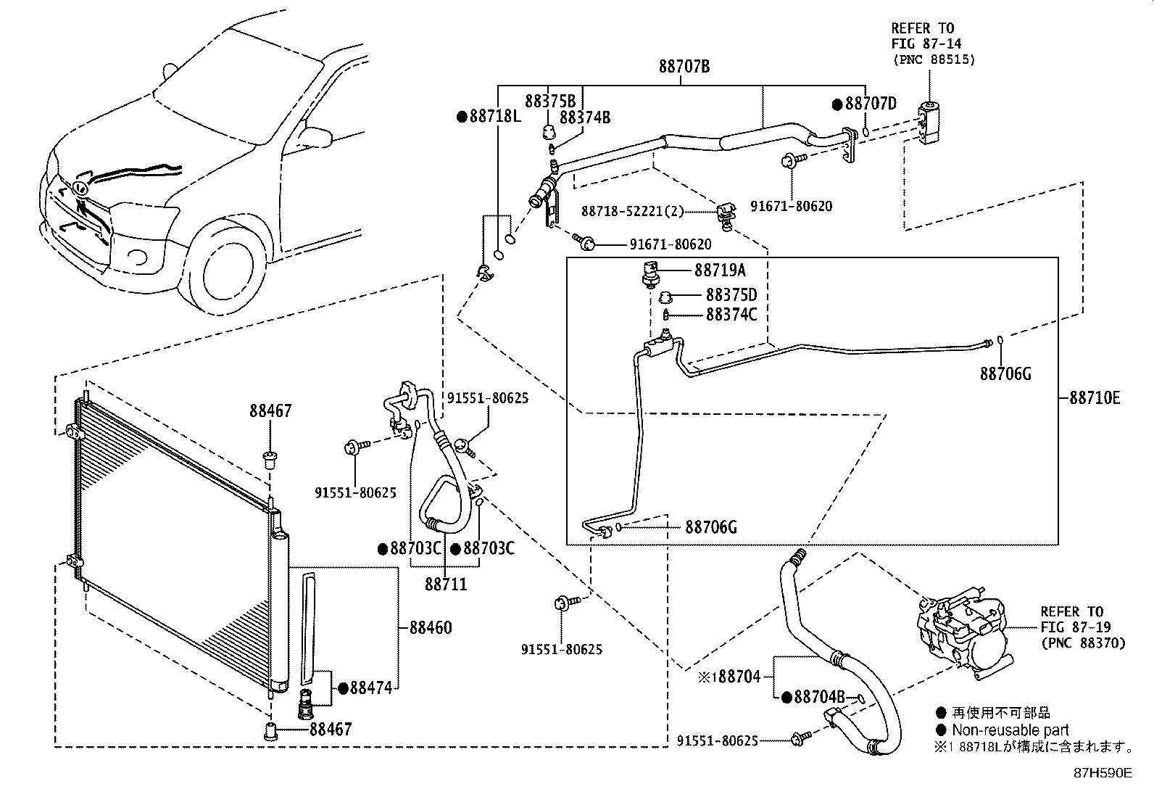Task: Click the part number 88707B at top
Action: tap(684, 67)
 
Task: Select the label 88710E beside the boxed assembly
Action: tap(1095, 397)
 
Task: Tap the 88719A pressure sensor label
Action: tap(719, 271)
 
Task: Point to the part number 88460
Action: tap(430, 627)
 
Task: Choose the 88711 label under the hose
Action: tap(446, 583)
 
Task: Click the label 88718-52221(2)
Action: tap(632, 211)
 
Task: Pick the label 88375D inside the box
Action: tap(731, 295)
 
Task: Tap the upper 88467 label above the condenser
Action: tap(270, 411)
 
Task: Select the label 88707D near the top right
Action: tap(870, 104)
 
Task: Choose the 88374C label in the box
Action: tap(731, 314)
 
